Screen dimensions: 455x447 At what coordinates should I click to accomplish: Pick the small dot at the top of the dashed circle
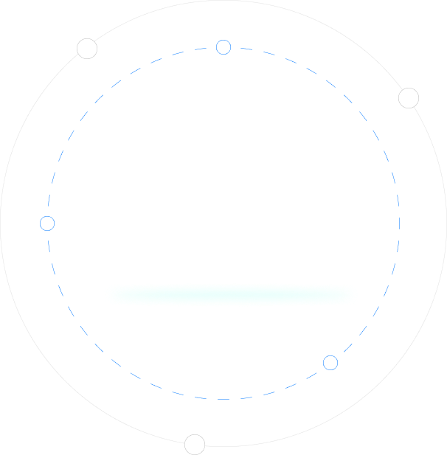[x=223, y=47]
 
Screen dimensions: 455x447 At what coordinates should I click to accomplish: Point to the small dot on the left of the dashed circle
[x=47, y=223]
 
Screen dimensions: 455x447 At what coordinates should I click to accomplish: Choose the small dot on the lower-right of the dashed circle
[x=330, y=363]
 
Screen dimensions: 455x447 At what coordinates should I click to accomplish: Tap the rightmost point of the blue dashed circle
[x=400, y=223]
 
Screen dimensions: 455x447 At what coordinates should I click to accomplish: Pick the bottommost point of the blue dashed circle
[x=223, y=400]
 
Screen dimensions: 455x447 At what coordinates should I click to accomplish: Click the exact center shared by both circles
[x=223, y=223]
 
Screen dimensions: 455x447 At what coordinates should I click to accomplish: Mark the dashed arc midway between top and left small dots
[x=99, y=99]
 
